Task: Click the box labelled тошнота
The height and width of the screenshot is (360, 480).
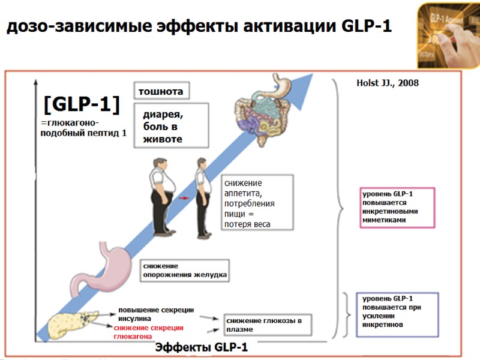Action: pos(160,91)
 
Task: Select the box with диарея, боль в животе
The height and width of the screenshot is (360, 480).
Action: pos(175,125)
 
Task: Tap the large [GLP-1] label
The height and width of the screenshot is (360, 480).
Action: pos(82,105)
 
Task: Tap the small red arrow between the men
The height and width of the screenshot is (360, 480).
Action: pos(184,197)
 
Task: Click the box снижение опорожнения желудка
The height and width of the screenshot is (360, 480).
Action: pos(185,270)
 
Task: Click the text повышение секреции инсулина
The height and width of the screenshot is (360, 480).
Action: pos(155,313)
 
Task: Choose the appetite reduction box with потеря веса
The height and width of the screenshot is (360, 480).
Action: pos(257,202)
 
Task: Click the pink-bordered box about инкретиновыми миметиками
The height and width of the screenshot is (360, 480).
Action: pos(397,207)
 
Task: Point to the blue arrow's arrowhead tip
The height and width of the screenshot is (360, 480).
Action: pos(312,75)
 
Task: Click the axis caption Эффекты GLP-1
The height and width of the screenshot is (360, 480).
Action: pos(202,347)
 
